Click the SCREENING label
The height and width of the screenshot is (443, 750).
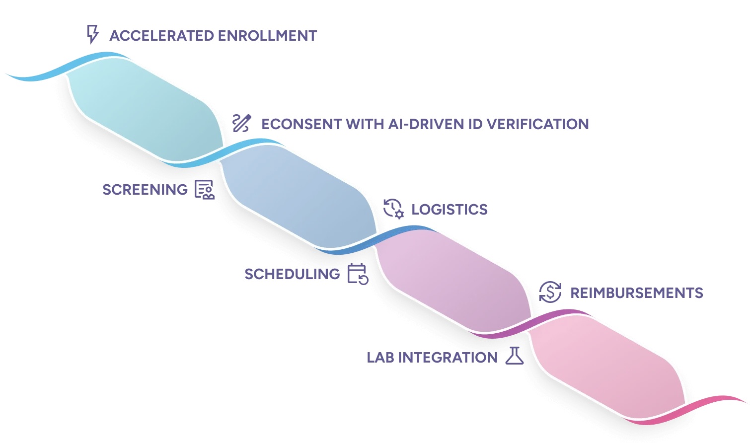145,189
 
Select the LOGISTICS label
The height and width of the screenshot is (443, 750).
449,210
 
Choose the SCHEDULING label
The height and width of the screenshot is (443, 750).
292,274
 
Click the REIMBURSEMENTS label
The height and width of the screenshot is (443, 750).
635,293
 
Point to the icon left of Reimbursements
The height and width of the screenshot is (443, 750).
550,292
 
